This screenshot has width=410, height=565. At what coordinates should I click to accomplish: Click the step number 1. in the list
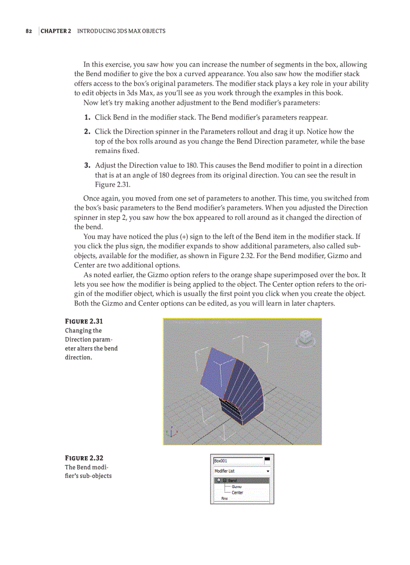[x=87, y=118]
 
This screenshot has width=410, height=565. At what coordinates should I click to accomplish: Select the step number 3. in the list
[x=87, y=166]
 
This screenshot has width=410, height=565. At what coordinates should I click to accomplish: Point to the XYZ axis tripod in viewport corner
[x=171, y=432]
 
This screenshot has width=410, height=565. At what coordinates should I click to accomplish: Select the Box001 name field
[x=237, y=460]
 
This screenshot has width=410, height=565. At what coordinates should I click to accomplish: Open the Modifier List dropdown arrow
[x=267, y=471]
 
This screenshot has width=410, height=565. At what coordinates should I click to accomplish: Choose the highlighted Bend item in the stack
[x=232, y=481]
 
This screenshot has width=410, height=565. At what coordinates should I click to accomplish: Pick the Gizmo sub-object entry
[x=237, y=487]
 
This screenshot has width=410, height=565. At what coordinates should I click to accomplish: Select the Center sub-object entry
[x=237, y=493]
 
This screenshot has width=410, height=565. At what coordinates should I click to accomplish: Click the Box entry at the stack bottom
[x=225, y=498]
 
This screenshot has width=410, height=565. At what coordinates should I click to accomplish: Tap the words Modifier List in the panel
[x=225, y=471]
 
